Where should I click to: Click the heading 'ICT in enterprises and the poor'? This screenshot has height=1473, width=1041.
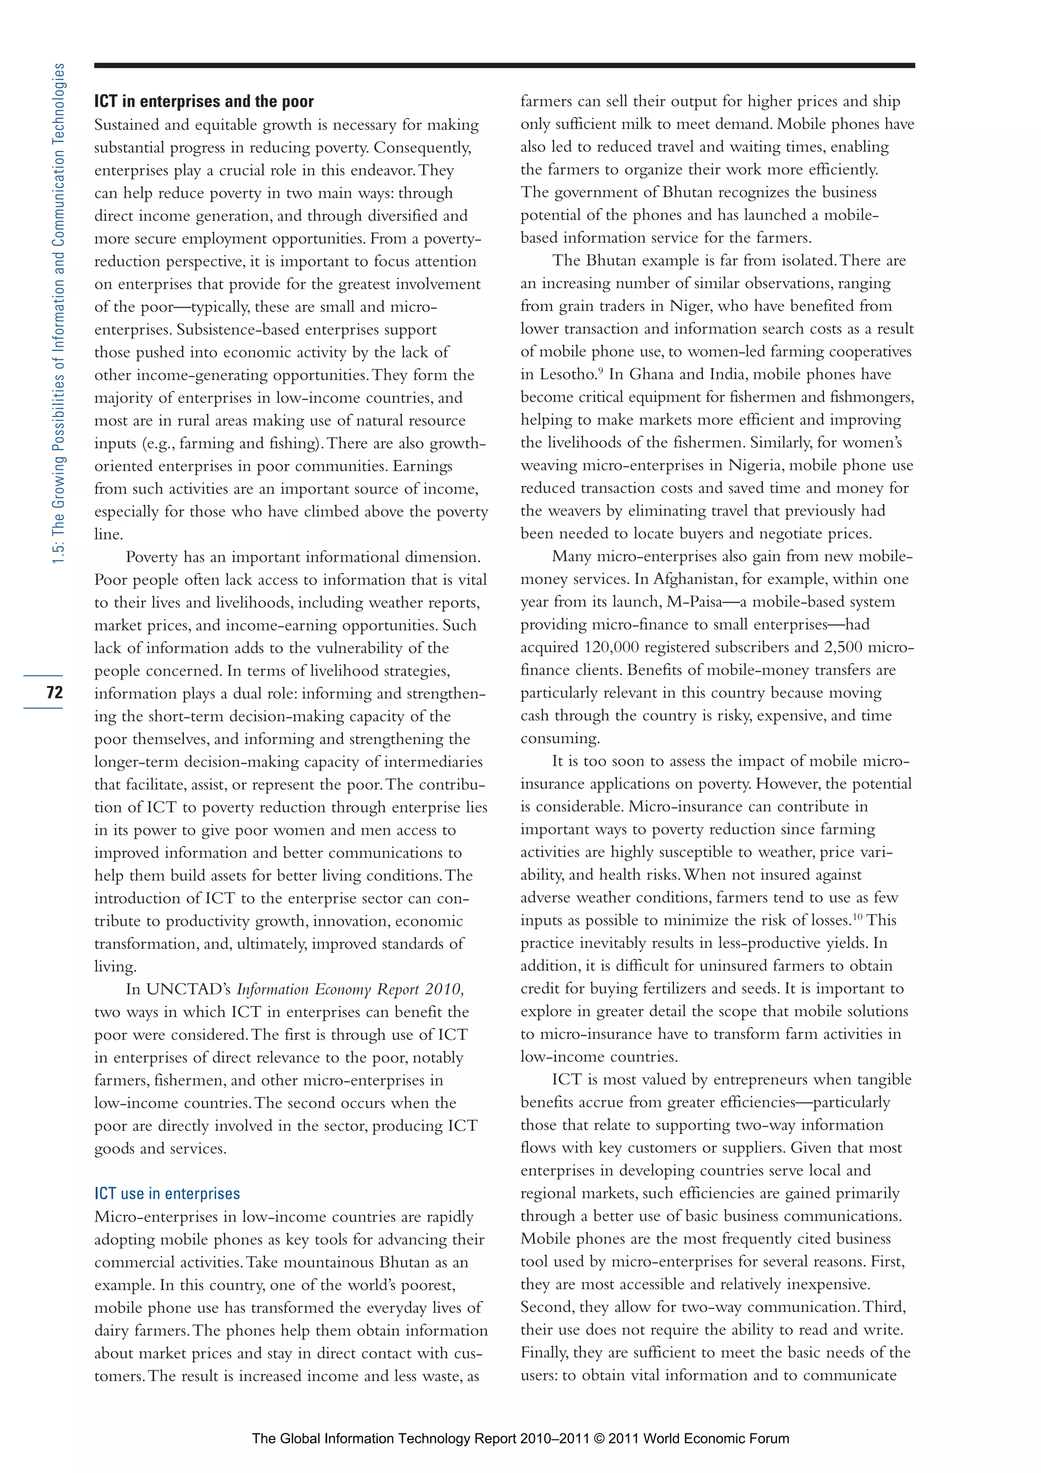(204, 101)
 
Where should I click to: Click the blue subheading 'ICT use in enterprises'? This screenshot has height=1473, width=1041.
(167, 1193)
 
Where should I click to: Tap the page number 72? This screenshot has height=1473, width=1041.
(54, 692)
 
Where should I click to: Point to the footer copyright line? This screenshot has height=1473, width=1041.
(520, 1438)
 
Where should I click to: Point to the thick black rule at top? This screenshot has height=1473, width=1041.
(504, 66)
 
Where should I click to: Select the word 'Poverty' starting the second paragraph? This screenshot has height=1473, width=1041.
(151, 557)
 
